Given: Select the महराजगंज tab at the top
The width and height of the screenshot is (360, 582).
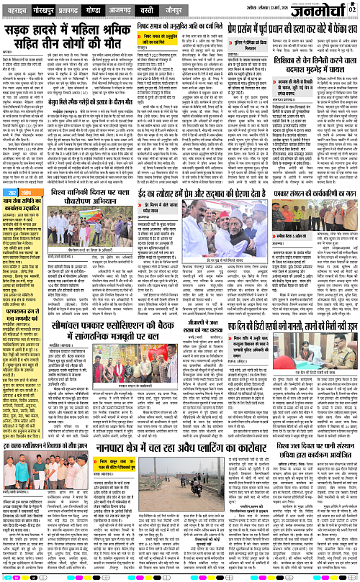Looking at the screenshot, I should pyautogui.click(x=17, y=12).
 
